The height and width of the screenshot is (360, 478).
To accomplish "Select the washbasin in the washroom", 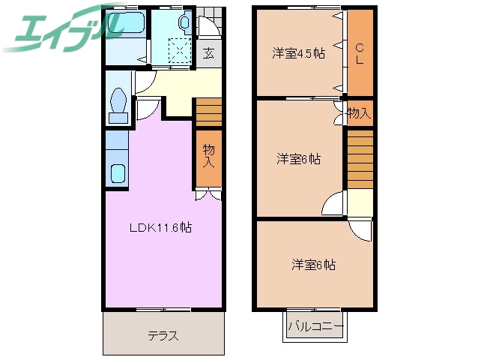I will (184, 23).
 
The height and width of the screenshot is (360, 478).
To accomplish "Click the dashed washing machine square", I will (181, 52).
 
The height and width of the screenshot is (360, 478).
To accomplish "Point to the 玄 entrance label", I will (209, 53).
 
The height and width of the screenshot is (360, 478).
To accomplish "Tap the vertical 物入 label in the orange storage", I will (209, 156).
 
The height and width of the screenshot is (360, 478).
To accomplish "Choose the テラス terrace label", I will (163, 335).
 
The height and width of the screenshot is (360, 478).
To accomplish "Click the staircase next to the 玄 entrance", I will (209, 112).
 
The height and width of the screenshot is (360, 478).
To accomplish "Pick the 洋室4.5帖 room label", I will (298, 53).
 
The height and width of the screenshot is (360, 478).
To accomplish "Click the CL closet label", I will (360, 52).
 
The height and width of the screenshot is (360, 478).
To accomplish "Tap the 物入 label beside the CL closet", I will (358, 113).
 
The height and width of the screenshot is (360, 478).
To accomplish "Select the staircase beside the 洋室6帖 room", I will (360, 158).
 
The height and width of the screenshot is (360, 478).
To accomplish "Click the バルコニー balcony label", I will (315, 327).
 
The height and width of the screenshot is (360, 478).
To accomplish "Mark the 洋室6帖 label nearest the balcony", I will (313, 265).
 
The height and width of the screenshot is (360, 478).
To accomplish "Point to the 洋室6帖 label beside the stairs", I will (298, 159).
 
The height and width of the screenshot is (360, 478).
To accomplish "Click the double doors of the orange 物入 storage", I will (209, 196).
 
